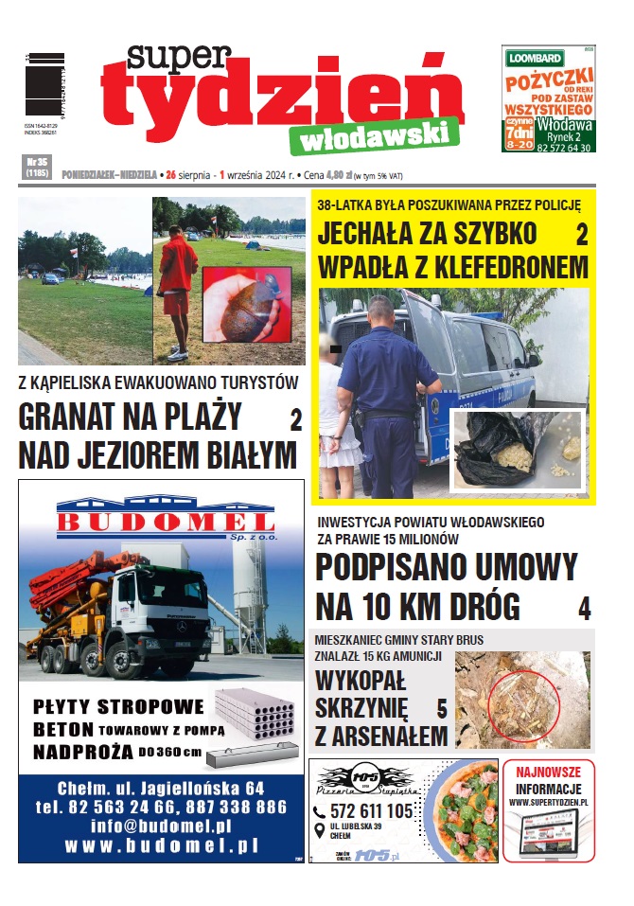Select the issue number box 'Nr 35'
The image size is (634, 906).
click(x=37, y=168)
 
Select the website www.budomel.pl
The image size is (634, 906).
click(x=161, y=845)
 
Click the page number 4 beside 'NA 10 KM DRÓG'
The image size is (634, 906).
click(x=584, y=608)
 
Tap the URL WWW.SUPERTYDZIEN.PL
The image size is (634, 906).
click(x=548, y=803)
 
